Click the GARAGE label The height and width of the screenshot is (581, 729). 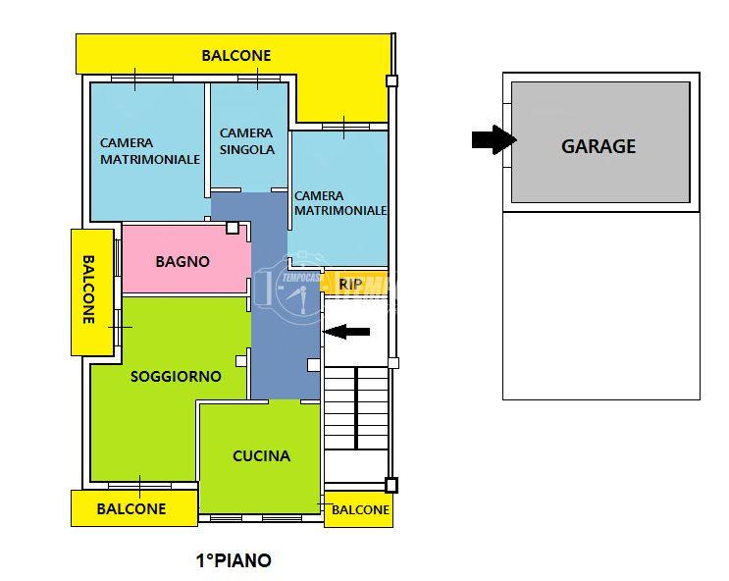599,146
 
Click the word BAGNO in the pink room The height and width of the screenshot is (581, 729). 182,261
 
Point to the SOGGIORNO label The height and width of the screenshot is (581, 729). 176,376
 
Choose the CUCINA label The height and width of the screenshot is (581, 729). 261,455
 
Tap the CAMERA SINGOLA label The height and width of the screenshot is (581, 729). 246,141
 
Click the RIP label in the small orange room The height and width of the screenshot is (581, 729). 350,285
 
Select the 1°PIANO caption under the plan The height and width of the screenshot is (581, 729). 234,561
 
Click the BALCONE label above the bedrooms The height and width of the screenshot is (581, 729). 235,56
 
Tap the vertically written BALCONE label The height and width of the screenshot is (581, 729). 88,290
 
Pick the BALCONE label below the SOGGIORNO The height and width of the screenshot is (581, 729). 131,508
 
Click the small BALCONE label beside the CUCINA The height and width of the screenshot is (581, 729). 360,510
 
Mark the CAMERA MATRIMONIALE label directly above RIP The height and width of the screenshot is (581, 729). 339,203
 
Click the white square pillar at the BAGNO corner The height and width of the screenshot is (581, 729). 232,228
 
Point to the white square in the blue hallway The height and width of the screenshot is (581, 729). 313,365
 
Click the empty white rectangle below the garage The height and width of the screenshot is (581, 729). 600,305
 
